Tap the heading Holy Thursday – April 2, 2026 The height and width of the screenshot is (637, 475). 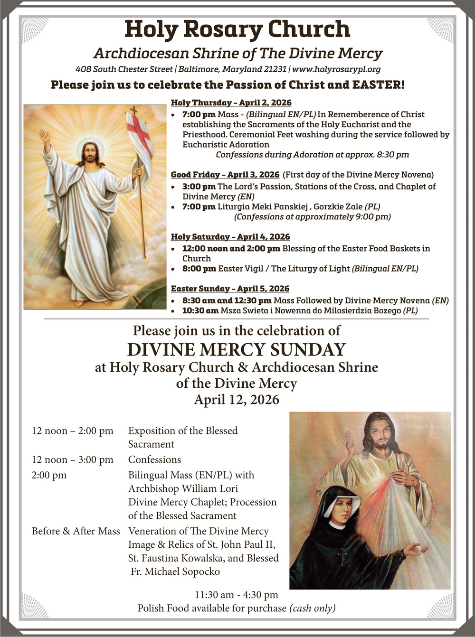[231, 103]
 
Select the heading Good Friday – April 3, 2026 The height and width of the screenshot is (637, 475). [225, 175]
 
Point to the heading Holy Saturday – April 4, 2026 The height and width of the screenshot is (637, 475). [230, 237]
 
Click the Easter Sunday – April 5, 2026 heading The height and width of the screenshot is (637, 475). [230, 289]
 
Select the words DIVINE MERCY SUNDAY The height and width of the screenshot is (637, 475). [237, 350]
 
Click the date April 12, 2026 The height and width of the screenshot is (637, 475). [237, 400]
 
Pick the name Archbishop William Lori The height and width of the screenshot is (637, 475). [183, 488]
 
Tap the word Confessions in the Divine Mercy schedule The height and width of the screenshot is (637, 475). [154, 459]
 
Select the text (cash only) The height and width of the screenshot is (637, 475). [312, 608]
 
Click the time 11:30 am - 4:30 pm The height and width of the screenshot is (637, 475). [237, 595]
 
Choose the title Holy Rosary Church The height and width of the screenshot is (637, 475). [237, 29]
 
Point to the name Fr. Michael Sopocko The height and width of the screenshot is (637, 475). [175, 571]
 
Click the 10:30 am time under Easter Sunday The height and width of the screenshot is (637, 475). [200, 311]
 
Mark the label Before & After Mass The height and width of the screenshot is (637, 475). [76, 531]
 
